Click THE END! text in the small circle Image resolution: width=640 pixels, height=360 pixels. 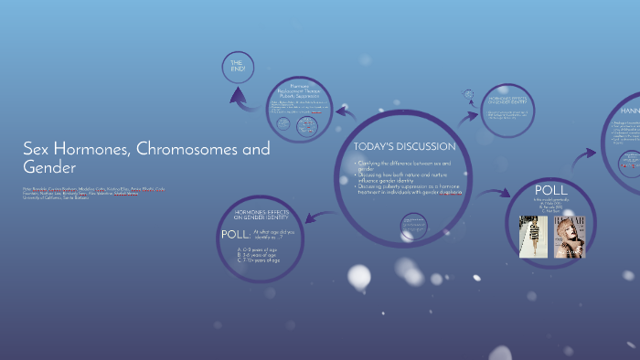point(237,66)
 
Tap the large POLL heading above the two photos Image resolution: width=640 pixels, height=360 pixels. point(550,191)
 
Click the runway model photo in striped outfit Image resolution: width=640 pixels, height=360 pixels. point(532,237)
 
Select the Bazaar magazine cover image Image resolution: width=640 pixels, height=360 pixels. point(569,237)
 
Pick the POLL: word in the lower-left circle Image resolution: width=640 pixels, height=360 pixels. point(234,235)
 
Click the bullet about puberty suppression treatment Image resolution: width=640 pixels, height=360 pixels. point(408,188)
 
